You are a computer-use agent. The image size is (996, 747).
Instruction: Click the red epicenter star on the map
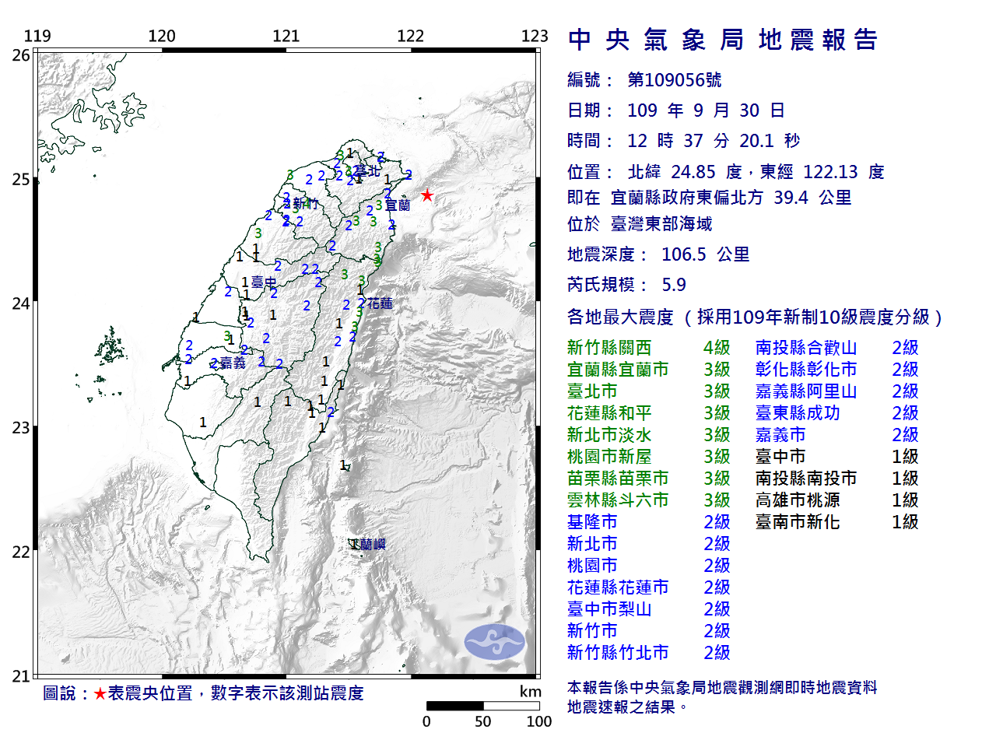pyautogui.click(x=426, y=195)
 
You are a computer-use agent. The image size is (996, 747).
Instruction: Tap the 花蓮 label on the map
pyautogui.click(x=380, y=303)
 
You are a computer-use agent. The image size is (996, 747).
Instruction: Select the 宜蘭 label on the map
pyautogui.click(x=398, y=205)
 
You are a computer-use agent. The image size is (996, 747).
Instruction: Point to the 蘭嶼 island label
pyautogui.click(x=372, y=545)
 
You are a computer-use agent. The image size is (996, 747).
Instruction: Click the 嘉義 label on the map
pyautogui.click(x=233, y=363)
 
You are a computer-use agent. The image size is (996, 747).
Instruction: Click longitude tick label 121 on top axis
pyautogui.click(x=286, y=36)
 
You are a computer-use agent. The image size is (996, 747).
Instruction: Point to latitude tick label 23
pyautogui.click(x=21, y=428)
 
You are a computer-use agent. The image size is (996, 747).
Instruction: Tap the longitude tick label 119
pyautogui.click(x=37, y=36)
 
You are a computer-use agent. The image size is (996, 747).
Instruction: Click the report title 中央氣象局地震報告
pyautogui.click(x=723, y=40)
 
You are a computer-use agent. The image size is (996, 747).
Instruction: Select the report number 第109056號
pyautogui.click(x=675, y=80)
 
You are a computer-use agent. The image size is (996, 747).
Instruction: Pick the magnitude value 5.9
pyautogui.click(x=674, y=285)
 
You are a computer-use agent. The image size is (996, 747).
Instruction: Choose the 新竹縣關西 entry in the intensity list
pyautogui.click(x=609, y=348)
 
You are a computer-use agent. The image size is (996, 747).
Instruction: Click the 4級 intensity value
pyautogui.click(x=717, y=348)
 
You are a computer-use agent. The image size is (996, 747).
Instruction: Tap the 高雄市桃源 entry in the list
pyautogui.click(x=798, y=500)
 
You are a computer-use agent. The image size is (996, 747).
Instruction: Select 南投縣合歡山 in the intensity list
pyautogui.click(x=805, y=348)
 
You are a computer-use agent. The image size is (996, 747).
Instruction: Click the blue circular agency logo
pyautogui.click(x=495, y=642)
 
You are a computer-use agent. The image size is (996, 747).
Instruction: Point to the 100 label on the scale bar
pyautogui.click(x=538, y=721)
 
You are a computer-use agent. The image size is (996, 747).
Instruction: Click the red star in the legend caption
pyautogui.click(x=100, y=693)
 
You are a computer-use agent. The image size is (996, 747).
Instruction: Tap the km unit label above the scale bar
pyautogui.click(x=531, y=692)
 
